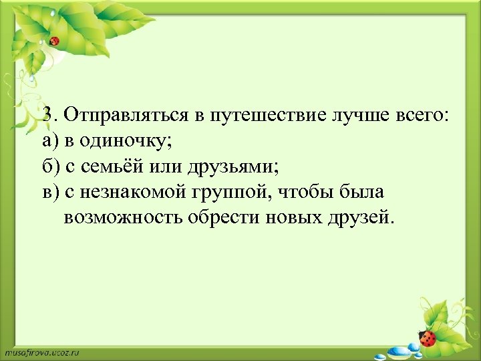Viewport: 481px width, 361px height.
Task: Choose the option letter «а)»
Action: [50, 141]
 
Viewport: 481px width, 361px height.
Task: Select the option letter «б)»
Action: [50, 166]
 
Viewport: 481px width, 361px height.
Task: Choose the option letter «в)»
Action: [50, 193]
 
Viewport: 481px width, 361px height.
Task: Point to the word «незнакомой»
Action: [138, 193]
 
